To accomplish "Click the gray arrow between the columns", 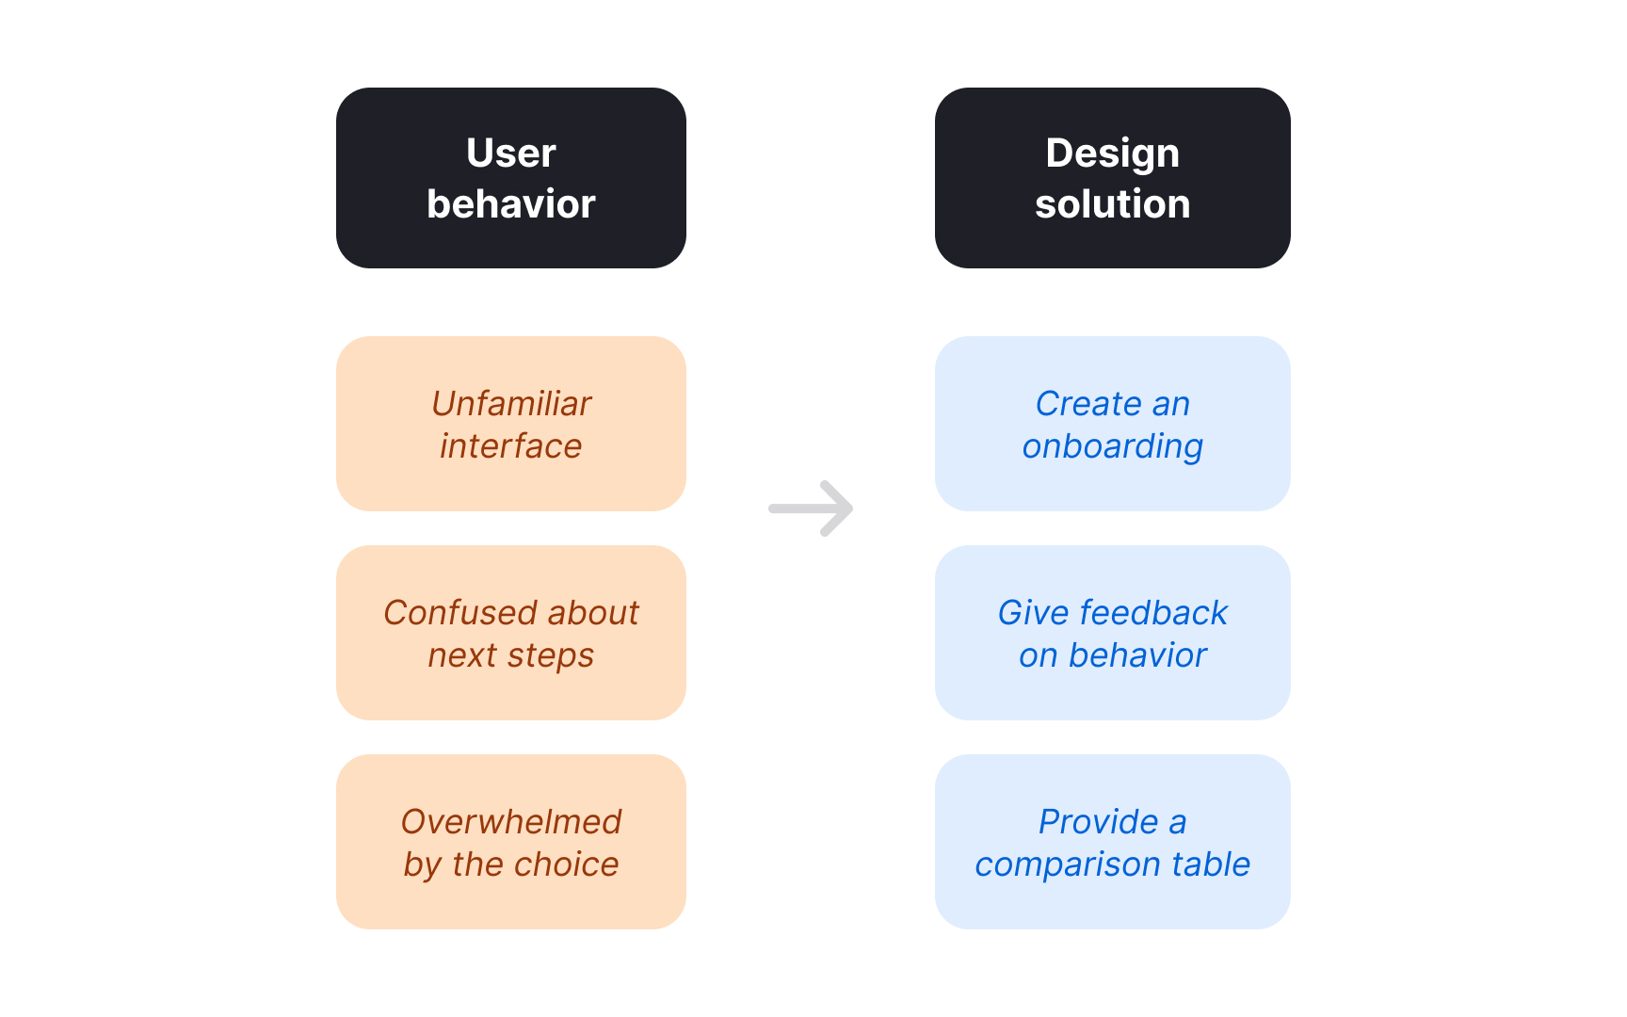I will (811, 508).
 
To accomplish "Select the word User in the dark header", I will (510, 153).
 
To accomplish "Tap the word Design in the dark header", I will (1112, 153).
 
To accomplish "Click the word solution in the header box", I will (1112, 204).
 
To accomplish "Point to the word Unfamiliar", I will (511, 404).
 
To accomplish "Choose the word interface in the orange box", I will (510, 446).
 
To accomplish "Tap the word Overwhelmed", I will (511, 822).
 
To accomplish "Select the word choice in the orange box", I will (566, 864).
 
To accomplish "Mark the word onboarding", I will (1112, 447).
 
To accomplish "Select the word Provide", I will (1098, 822).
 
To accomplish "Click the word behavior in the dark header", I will (510, 204).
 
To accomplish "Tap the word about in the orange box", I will (593, 613).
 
